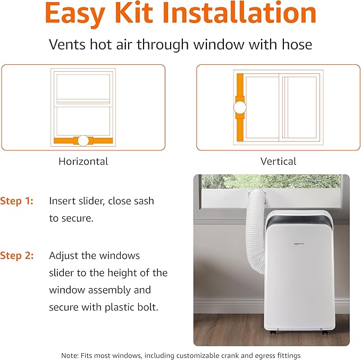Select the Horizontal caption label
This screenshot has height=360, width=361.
click(x=83, y=161)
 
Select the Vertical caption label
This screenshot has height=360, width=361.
click(x=278, y=161)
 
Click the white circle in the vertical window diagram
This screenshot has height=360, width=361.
click(x=240, y=107)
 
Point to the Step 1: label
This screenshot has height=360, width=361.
click(x=16, y=201)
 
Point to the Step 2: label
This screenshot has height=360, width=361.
click(x=16, y=256)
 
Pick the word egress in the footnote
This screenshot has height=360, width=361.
click(x=270, y=355)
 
